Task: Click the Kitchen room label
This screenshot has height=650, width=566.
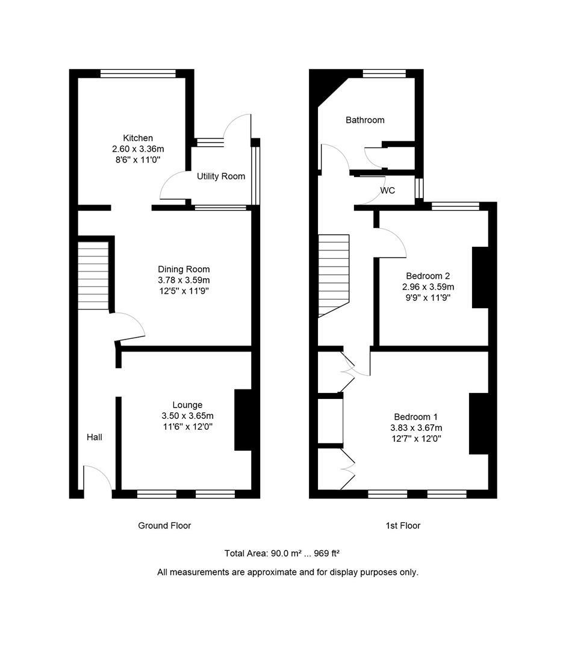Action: (138, 138)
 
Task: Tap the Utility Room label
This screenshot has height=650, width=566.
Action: (221, 176)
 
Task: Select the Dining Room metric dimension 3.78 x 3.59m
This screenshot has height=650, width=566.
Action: (184, 280)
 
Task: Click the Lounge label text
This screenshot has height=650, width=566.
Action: (187, 405)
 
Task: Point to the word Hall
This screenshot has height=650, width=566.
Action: (94, 437)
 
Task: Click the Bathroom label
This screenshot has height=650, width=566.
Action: (365, 120)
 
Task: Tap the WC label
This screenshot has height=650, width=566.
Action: (388, 191)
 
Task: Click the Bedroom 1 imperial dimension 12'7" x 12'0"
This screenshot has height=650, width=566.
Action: (415, 439)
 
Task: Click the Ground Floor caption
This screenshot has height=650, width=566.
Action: (164, 525)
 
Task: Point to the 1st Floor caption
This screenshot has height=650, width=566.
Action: (403, 525)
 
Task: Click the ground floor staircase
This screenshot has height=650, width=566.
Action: (93, 276)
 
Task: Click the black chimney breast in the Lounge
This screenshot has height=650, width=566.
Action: (243, 419)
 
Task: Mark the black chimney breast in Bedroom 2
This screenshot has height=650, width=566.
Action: (480, 277)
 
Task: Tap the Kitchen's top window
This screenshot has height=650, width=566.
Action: (138, 73)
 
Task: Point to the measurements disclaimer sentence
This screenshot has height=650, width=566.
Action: (288, 572)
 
